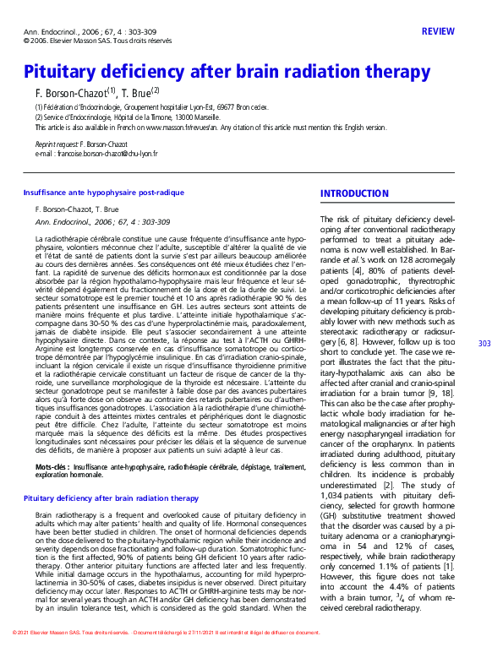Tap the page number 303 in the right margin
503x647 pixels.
[484, 343]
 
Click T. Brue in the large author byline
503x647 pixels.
[139, 92]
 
